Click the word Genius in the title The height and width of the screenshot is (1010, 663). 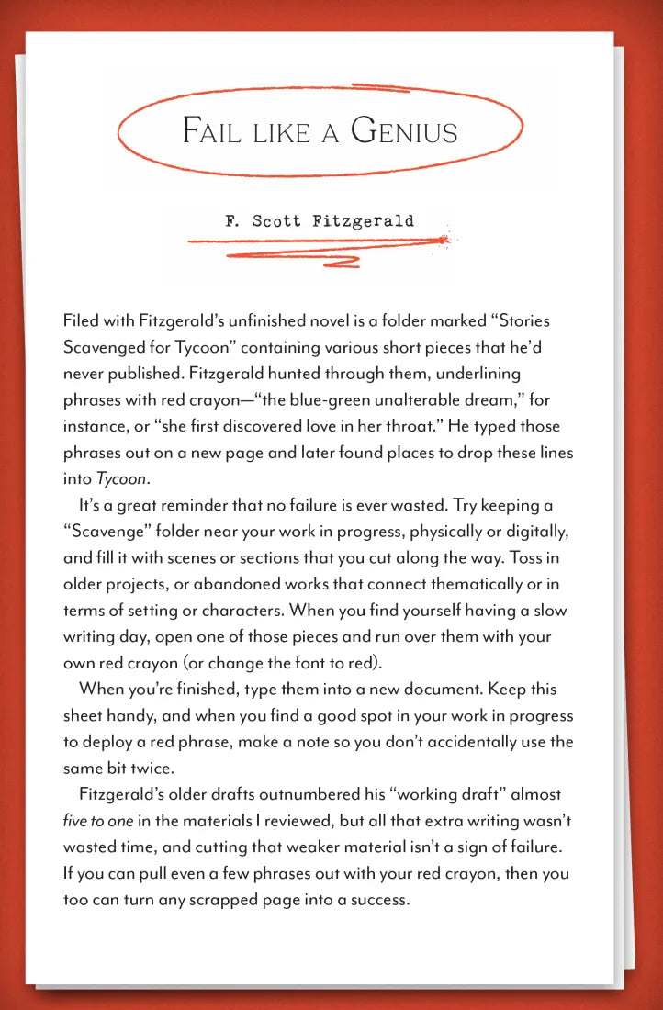404,130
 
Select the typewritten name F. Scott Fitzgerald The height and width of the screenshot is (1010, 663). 319,220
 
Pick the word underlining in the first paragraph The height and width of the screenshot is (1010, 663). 481,375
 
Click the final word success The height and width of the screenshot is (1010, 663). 374,900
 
